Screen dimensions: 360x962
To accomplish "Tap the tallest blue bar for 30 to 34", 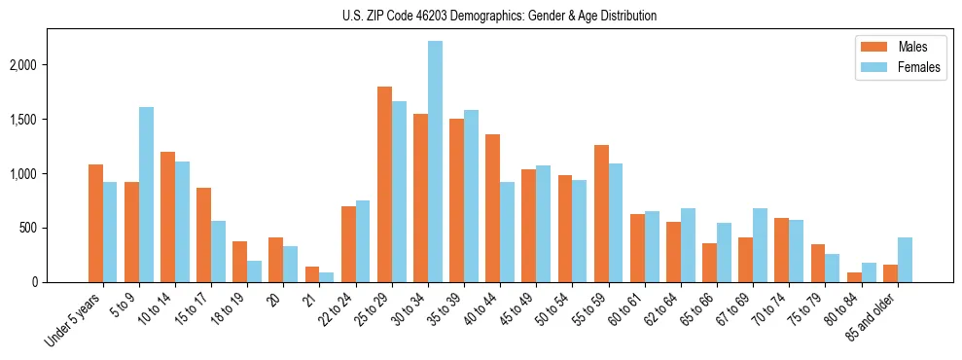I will click(435, 162).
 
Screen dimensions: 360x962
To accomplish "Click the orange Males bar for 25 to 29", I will click(384, 185).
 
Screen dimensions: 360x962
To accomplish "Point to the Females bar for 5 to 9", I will click(146, 195).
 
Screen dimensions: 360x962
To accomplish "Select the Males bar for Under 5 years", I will click(95, 224).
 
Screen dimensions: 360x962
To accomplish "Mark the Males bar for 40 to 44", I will click(493, 208).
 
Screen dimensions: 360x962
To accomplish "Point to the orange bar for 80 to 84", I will click(854, 277).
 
